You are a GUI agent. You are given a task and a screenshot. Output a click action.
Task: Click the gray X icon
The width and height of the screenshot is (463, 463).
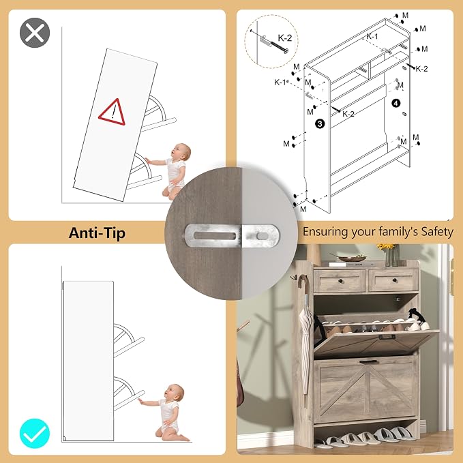35,33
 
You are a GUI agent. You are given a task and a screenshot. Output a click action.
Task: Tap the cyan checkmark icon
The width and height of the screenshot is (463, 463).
35,433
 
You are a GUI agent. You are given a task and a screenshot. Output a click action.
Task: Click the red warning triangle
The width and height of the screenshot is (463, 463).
113,112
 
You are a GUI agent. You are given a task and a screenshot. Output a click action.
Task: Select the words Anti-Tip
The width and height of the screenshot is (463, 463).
97,233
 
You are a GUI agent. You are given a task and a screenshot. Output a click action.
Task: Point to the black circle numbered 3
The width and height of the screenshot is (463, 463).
320,123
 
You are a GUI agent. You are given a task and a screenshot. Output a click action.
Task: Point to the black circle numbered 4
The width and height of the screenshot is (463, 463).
395,103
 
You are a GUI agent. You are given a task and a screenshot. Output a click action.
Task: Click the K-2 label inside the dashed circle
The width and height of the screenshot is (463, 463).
285,38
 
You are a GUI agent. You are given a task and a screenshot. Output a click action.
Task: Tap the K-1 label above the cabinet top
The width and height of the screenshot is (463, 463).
372,36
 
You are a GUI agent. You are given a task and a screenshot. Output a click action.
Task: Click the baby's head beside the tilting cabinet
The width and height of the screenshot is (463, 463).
181,152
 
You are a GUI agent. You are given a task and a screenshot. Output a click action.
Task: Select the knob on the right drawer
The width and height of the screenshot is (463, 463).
394,280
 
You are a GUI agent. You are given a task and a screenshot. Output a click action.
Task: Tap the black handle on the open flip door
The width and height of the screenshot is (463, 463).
387,337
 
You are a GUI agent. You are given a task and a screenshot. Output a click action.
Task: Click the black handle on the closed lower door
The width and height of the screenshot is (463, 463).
369,361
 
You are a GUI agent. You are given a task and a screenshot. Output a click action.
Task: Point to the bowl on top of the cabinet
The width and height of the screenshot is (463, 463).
352,258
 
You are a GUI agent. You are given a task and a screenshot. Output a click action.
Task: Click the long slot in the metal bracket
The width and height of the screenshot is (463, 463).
214,236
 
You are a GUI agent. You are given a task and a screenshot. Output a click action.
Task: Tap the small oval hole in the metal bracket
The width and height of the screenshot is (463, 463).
262,236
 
